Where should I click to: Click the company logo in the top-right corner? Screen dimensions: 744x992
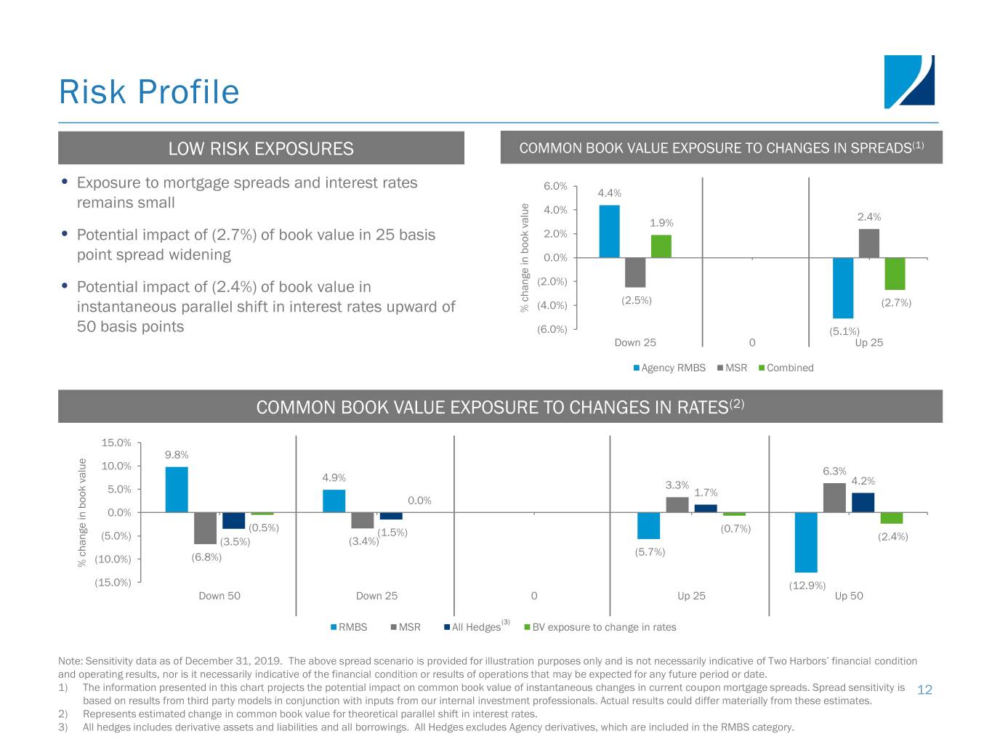[909, 81]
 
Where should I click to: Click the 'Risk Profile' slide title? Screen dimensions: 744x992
[149, 92]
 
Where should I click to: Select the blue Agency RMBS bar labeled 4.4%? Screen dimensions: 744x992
[609, 231]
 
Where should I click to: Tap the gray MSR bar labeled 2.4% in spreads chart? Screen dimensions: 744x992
[868, 243]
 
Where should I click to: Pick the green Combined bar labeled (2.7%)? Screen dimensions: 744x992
[895, 273]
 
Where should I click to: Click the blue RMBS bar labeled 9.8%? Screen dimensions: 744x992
[177, 490]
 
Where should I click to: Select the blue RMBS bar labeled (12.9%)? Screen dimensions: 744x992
[806, 542]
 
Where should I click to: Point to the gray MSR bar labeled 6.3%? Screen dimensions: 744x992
[834, 498]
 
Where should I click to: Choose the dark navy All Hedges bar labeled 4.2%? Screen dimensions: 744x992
[863, 502]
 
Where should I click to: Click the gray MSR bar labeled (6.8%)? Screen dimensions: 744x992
[205, 528]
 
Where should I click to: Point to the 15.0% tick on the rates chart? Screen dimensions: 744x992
[116, 443]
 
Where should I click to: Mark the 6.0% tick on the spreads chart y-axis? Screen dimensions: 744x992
[555, 187]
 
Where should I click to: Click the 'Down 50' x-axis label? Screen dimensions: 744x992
[219, 597]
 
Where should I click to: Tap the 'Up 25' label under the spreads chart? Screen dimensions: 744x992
[868, 343]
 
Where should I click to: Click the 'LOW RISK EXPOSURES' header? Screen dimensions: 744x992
[261, 149]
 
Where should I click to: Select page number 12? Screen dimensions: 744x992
[924, 690]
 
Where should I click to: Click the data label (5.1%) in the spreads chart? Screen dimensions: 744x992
[844, 332]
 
